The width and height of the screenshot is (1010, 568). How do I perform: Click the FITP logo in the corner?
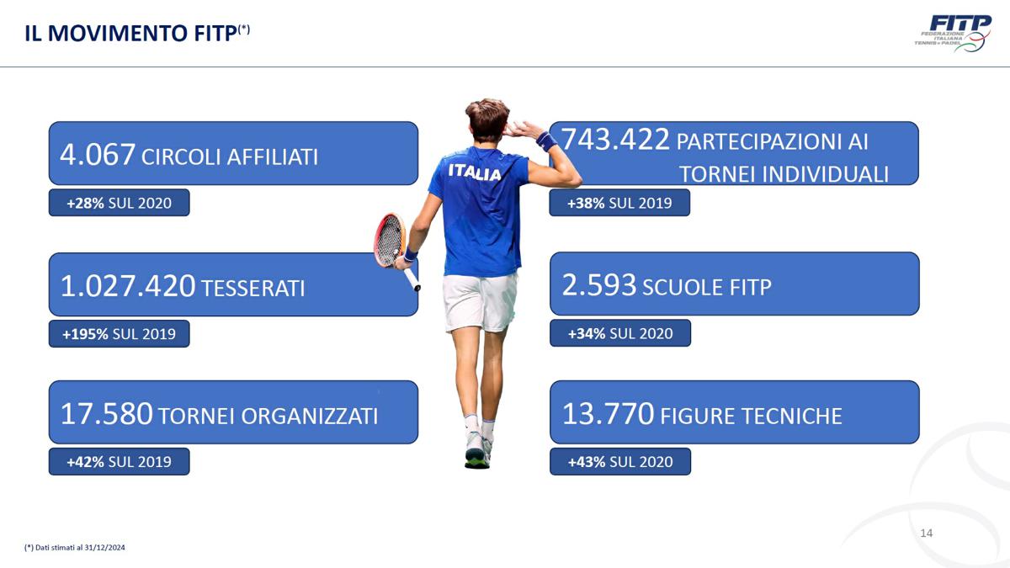click(953, 34)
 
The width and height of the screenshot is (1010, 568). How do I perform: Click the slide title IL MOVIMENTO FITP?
click(137, 34)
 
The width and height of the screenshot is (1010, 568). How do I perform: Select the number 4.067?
click(98, 154)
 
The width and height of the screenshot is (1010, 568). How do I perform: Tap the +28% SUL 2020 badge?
click(119, 203)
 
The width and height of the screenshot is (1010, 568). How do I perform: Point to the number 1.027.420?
click(128, 286)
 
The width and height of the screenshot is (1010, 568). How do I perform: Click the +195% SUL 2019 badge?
click(119, 334)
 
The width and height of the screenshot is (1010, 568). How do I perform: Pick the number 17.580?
click(106, 414)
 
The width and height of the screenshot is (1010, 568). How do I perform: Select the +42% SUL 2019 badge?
click(119, 462)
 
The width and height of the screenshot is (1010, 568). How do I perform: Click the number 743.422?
click(615, 139)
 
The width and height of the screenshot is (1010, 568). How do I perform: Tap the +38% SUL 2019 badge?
click(619, 203)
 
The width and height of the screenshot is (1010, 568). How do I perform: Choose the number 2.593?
click(599, 285)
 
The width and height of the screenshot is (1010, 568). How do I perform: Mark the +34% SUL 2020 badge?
click(620, 333)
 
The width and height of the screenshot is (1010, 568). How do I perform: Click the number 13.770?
click(608, 413)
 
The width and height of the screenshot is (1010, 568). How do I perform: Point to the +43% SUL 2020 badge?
click(620, 462)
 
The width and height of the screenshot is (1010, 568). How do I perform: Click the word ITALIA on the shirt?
click(475, 173)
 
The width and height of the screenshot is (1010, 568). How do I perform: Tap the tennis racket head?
click(390, 240)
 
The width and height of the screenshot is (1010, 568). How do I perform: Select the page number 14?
click(926, 533)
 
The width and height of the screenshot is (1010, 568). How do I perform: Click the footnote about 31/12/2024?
click(75, 548)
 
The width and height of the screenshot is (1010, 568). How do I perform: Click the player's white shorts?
click(480, 302)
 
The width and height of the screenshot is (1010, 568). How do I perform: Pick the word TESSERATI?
click(253, 289)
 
